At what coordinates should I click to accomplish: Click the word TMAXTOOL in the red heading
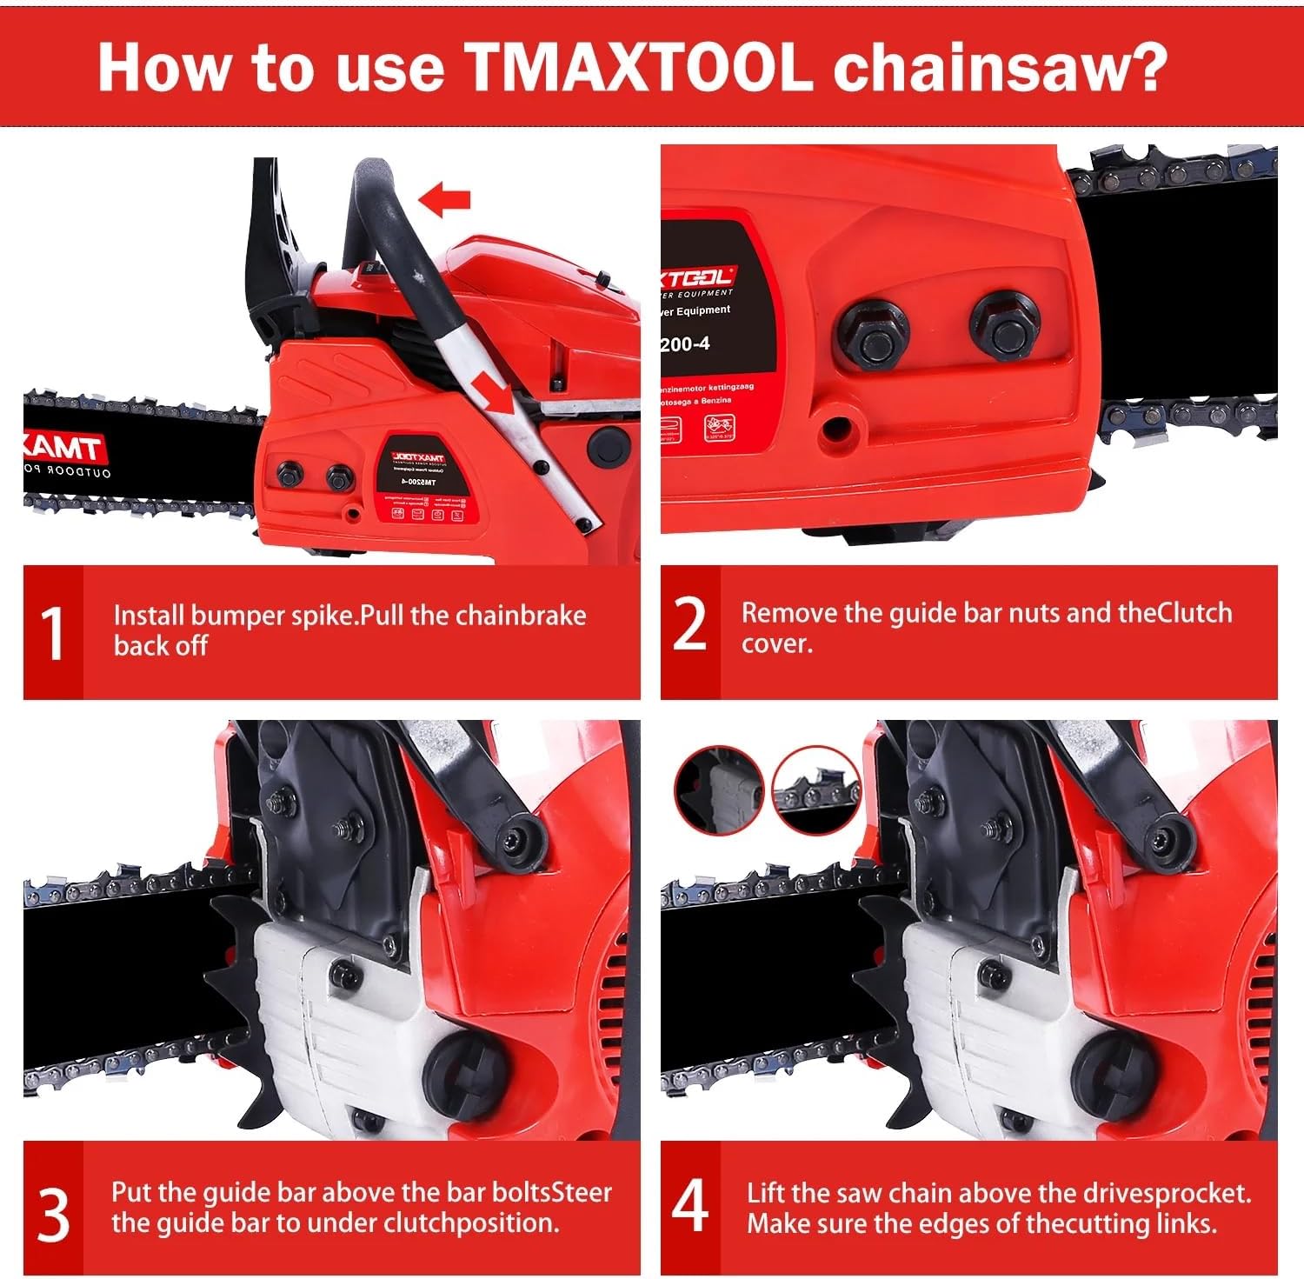639,67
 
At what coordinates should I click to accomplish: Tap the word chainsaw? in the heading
1000,67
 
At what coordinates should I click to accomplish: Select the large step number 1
53,634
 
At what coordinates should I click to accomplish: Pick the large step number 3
53,1215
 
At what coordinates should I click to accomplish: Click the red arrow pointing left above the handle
444,200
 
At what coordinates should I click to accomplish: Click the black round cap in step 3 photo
463,1073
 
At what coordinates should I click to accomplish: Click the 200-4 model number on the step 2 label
685,344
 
